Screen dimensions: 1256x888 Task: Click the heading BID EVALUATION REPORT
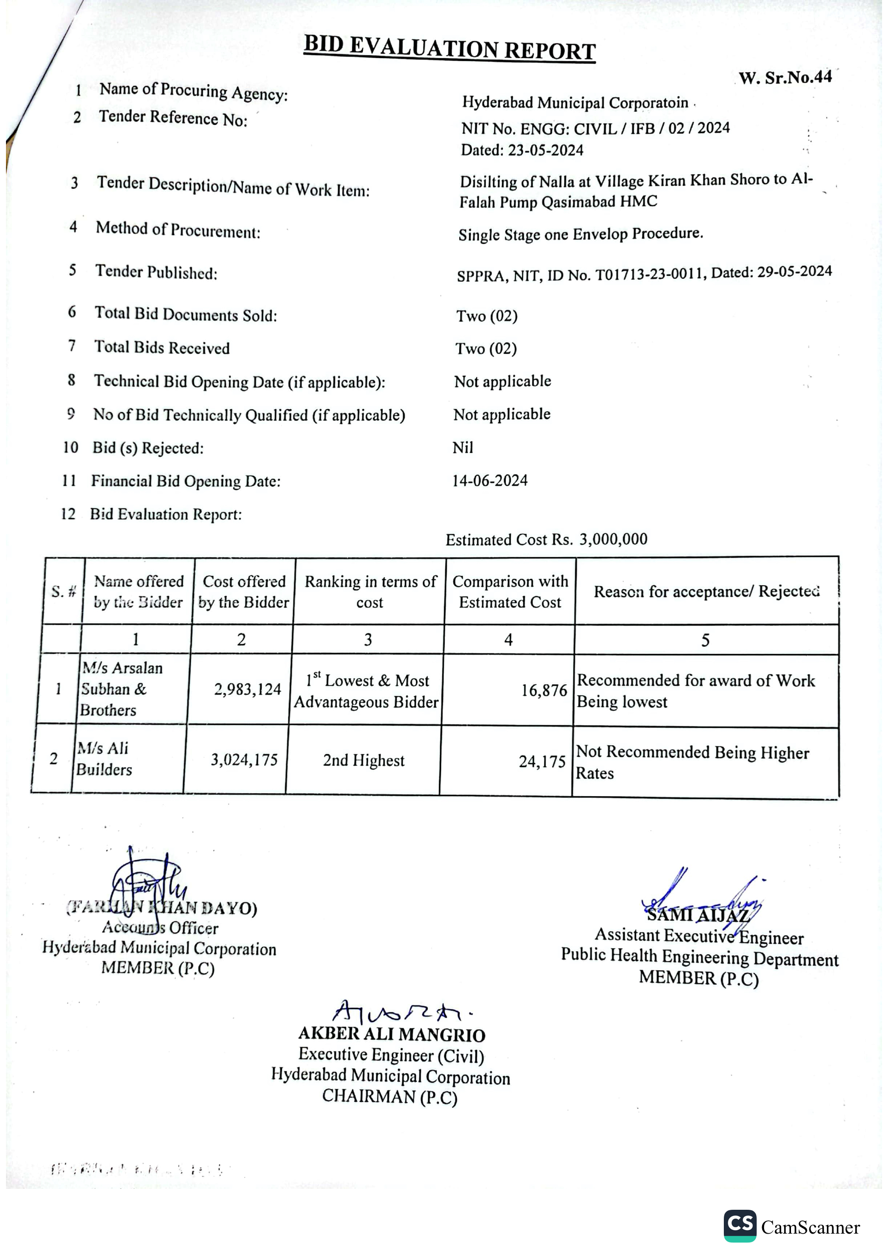[x=450, y=48]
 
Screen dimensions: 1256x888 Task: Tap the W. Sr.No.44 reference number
[x=785, y=78]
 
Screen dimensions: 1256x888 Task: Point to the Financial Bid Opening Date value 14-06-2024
[x=490, y=481]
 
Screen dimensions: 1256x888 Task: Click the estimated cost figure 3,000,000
[x=613, y=539]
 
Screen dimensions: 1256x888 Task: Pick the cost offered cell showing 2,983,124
[x=247, y=689]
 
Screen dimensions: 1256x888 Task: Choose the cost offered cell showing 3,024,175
[x=244, y=760]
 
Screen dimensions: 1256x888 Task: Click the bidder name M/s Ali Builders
[x=104, y=759]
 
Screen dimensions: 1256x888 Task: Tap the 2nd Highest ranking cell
[x=364, y=760]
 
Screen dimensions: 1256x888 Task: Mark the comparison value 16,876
[x=544, y=690]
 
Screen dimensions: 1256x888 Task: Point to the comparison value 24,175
[x=542, y=761]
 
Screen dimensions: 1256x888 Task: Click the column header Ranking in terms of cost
[x=370, y=592]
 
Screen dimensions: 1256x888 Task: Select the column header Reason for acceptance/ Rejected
[x=706, y=591]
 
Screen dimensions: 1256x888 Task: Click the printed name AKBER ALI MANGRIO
[x=392, y=1034]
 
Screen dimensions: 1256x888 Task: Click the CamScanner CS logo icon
[x=740, y=1225]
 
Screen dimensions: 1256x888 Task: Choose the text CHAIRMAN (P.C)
[x=389, y=1096]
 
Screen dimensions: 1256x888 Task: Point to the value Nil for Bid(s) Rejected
[x=463, y=448]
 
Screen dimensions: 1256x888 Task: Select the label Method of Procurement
[x=178, y=230]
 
